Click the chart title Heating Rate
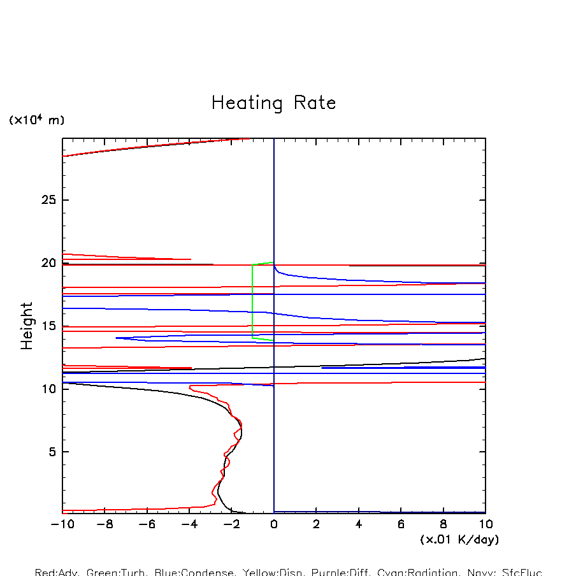(x=273, y=103)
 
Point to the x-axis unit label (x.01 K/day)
(x=459, y=540)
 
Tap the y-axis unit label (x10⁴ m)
(x=36, y=120)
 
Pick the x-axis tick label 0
(x=274, y=524)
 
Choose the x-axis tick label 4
(x=359, y=524)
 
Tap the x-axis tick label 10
(x=486, y=524)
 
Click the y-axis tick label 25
(x=50, y=201)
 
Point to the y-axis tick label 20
(x=50, y=263)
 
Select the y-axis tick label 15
(x=50, y=326)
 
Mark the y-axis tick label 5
(x=54, y=452)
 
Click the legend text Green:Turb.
(x=115, y=572)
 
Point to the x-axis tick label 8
(x=443, y=524)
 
